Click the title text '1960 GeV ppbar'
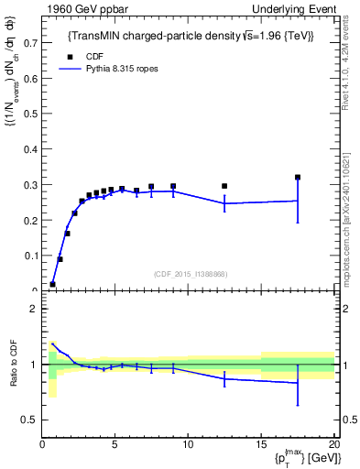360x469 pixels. tap(80, 8)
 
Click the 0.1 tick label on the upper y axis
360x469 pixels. tap(30, 256)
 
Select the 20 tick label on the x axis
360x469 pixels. tap(333, 445)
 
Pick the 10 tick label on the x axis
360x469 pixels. tap(188, 445)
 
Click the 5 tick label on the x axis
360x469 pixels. tap(115, 445)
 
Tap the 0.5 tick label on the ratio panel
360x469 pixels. tap(28, 420)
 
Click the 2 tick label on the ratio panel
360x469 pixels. tap(33, 309)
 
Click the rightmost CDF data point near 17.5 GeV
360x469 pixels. tap(298, 178)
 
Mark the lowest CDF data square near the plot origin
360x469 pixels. tap(52, 284)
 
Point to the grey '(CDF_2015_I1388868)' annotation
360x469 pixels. tap(191, 273)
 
